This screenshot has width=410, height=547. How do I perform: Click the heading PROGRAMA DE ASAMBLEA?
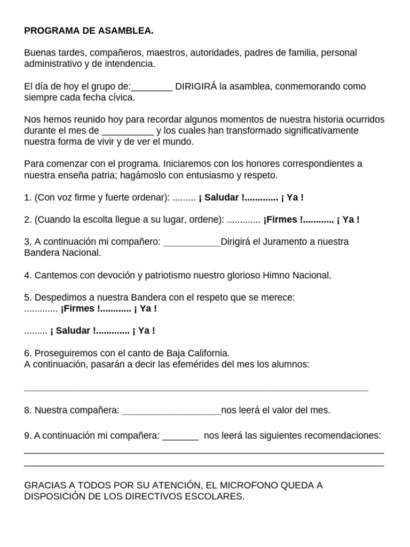[x=89, y=31]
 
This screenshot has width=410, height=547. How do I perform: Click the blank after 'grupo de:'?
[x=152, y=87]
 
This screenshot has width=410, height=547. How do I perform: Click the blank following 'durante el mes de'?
[x=128, y=131]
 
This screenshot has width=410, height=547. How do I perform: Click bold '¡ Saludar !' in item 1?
[x=221, y=198]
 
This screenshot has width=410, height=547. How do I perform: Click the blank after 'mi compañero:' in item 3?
[x=192, y=242]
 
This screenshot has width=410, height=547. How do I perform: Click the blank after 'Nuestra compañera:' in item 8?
[x=171, y=411]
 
